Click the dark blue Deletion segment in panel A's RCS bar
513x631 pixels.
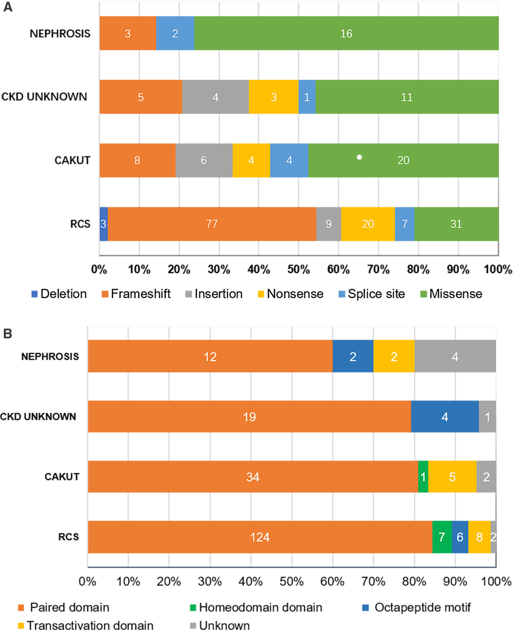coord(103,224)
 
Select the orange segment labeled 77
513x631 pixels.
coord(212,224)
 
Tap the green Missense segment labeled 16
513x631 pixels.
coord(346,33)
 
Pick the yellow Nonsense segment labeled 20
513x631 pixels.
coord(368,224)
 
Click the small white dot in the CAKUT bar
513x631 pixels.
coord(360,157)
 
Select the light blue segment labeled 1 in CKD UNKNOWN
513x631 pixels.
coord(307,97)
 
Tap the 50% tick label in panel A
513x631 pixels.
coord(298,270)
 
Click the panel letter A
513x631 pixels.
coord(7,7)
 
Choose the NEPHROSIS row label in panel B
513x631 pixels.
coord(50,357)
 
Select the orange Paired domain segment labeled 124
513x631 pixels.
coord(260,537)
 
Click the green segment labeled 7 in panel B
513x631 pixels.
coord(442,537)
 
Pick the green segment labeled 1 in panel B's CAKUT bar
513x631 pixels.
coord(423,477)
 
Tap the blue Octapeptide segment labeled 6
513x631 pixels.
coord(460,537)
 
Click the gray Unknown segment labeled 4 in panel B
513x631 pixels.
coord(455,357)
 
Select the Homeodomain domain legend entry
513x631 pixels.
coord(256,607)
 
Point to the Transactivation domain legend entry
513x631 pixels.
coord(85,625)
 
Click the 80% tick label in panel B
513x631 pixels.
coord(414,582)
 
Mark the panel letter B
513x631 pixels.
coord(7,334)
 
